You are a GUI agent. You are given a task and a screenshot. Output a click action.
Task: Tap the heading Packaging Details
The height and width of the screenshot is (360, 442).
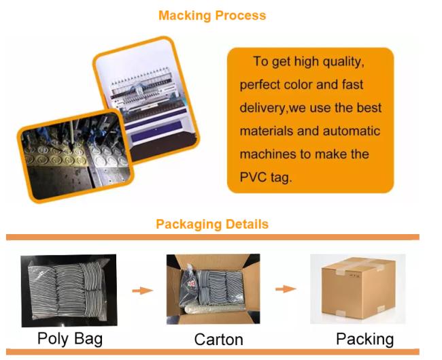211,224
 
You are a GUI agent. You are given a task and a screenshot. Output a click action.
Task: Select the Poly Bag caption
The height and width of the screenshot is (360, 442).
67,338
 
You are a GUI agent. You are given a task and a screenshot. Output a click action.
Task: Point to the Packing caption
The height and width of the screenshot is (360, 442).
364,338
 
